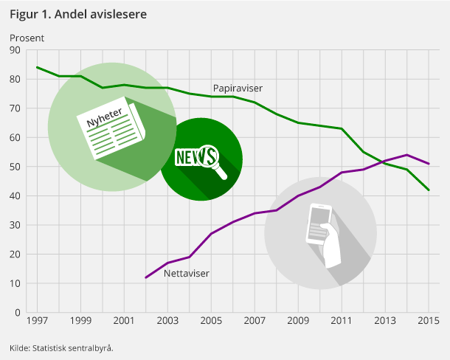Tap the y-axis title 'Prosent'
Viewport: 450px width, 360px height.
click(27, 38)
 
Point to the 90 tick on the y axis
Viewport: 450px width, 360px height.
click(14, 50)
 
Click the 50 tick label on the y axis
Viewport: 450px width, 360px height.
click(14, 167)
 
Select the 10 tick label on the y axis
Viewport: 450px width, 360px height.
click(14, 283)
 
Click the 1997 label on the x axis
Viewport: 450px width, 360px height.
click(37, 322)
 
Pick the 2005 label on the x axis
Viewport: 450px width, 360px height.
click(211, 322)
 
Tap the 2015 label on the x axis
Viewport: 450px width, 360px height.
click(429, 322)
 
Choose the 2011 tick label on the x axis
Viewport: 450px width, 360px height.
click(342, 322)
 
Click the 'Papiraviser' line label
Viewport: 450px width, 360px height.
click(238, 88)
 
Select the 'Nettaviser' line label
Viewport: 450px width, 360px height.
click(187, 273)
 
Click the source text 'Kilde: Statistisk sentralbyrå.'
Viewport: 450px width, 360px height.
click(62, 347)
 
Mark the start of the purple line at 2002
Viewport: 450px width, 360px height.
click(146, 277)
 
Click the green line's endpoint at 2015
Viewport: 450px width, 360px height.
click(429, 190)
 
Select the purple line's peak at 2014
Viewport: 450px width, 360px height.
click(407, 155)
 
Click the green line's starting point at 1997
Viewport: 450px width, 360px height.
click(37, 67)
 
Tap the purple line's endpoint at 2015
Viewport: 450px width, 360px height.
click(429, 164)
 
